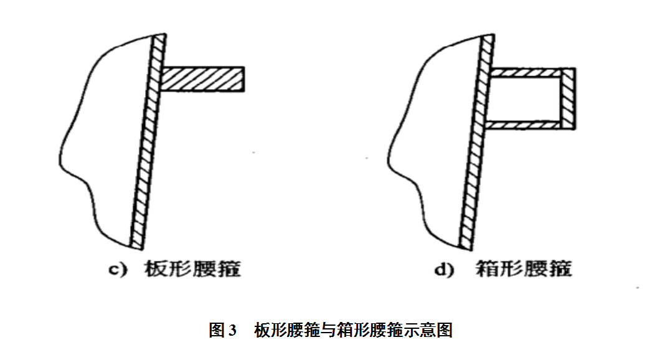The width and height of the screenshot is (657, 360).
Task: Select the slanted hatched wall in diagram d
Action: click(x=475, y=143)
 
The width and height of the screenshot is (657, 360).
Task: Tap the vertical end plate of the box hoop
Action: click(x=567, y=98)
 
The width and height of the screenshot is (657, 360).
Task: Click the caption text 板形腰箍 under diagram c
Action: click(x=192, y=270)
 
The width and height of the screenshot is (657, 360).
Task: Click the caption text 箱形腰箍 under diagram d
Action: click(x=523, y=270)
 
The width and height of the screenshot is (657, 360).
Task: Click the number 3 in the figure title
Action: click(x=233, y=330)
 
